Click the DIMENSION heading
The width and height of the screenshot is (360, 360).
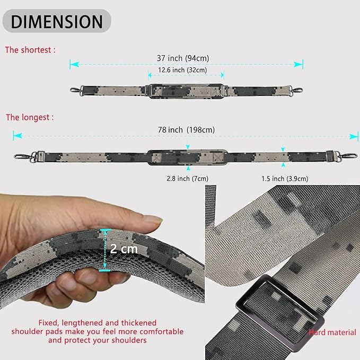tap(57, 21)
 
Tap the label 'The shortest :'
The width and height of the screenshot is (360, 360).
tap(30, 50)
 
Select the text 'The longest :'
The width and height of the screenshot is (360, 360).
tap(30, 117)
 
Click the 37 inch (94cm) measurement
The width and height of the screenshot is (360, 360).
tap(186, 58)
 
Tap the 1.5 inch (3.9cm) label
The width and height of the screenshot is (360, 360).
tap(284, 178)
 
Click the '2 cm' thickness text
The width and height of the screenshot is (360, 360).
tap(124, 248)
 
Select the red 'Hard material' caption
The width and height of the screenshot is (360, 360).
tap(333, 332)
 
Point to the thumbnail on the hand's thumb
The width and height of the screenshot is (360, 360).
tap(153, 219)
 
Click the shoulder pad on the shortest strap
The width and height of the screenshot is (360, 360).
tap(186, 91)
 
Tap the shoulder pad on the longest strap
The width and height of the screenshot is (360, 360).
tap(188, 157)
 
